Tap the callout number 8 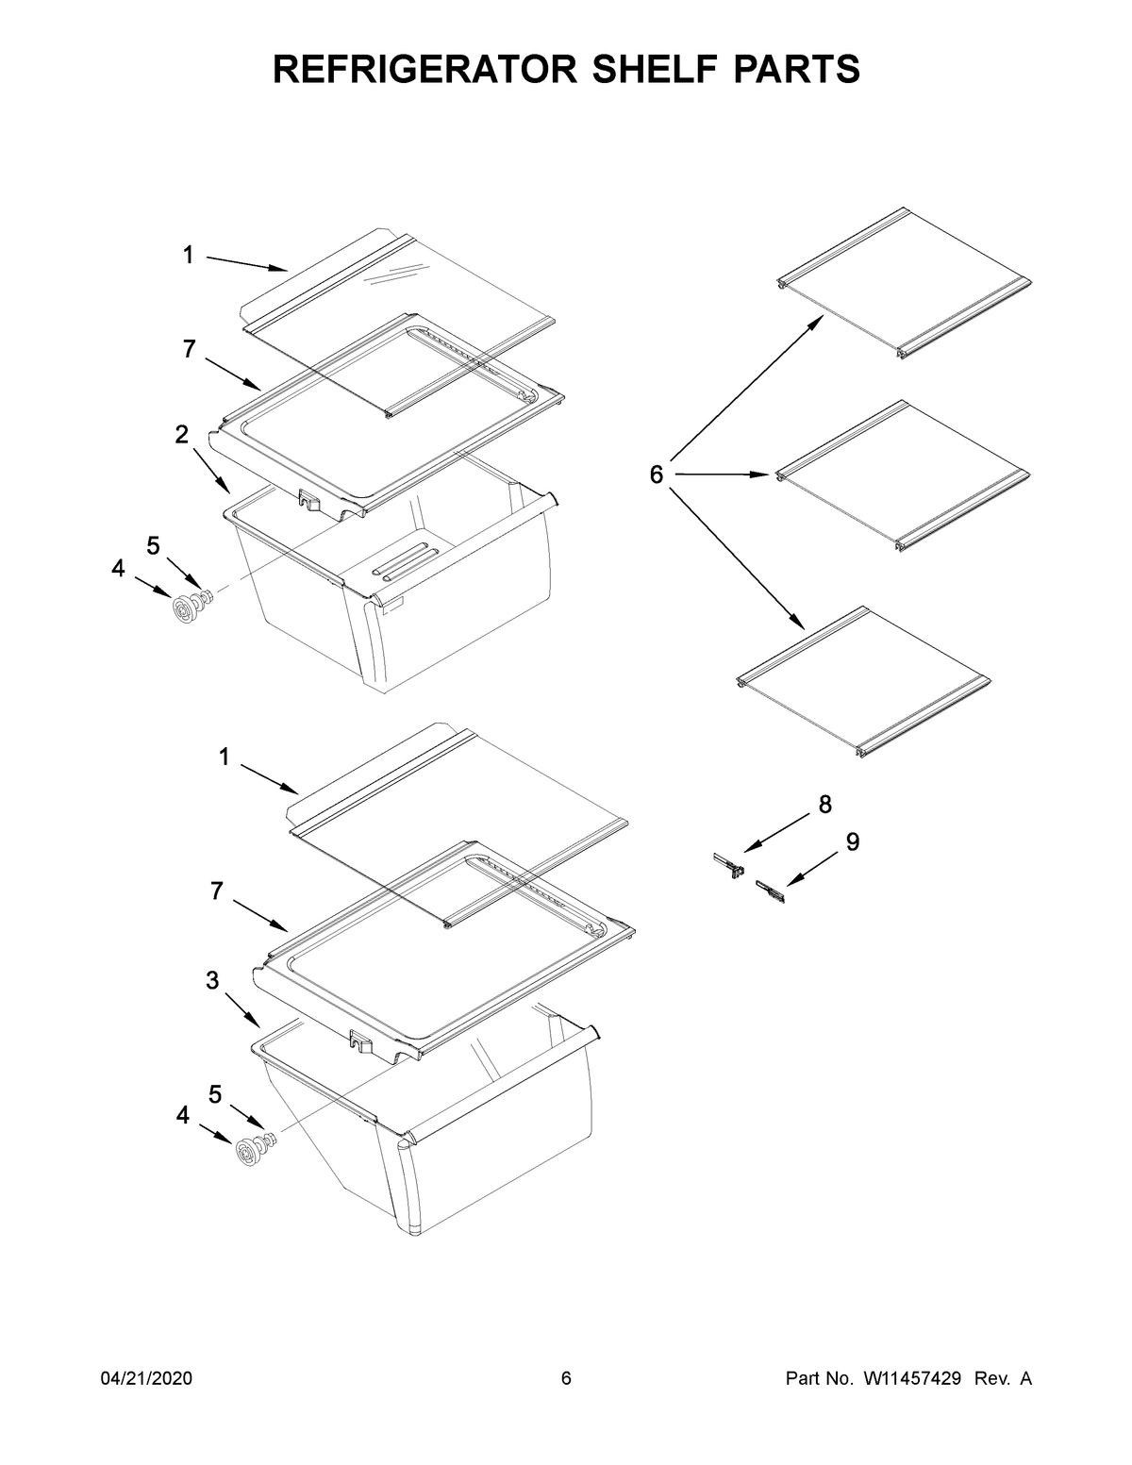click(x=824, y=805)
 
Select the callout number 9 click(x=852, y=842)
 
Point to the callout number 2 click(x=181, y=435)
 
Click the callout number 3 click(x=213, y=981)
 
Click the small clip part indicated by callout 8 click(x=727, y=864)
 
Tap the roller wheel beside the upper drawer click(x=182, y=610)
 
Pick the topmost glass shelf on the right click(x=903, y=282)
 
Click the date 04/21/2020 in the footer click(x=146, y=1379)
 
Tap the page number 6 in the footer click(x=566, y=1379)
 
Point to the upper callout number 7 click(x=189, y=349)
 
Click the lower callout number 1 click(x=225, y=757)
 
